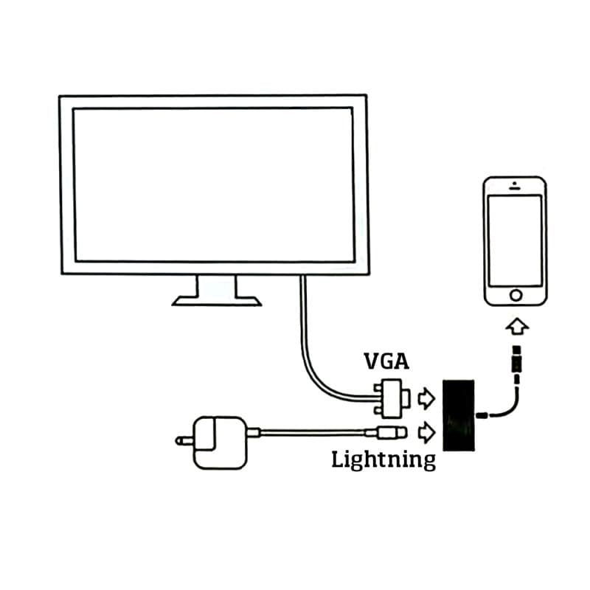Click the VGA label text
click(x=387, y=361)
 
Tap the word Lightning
click(x=383, y=460)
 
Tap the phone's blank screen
click(x=516, y=239)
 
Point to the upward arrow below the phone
click(x=519, y=324)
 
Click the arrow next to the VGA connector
click(x=426, y=399)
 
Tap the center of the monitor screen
click(x=213, y=184)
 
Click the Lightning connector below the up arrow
click(x=519, y=361)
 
